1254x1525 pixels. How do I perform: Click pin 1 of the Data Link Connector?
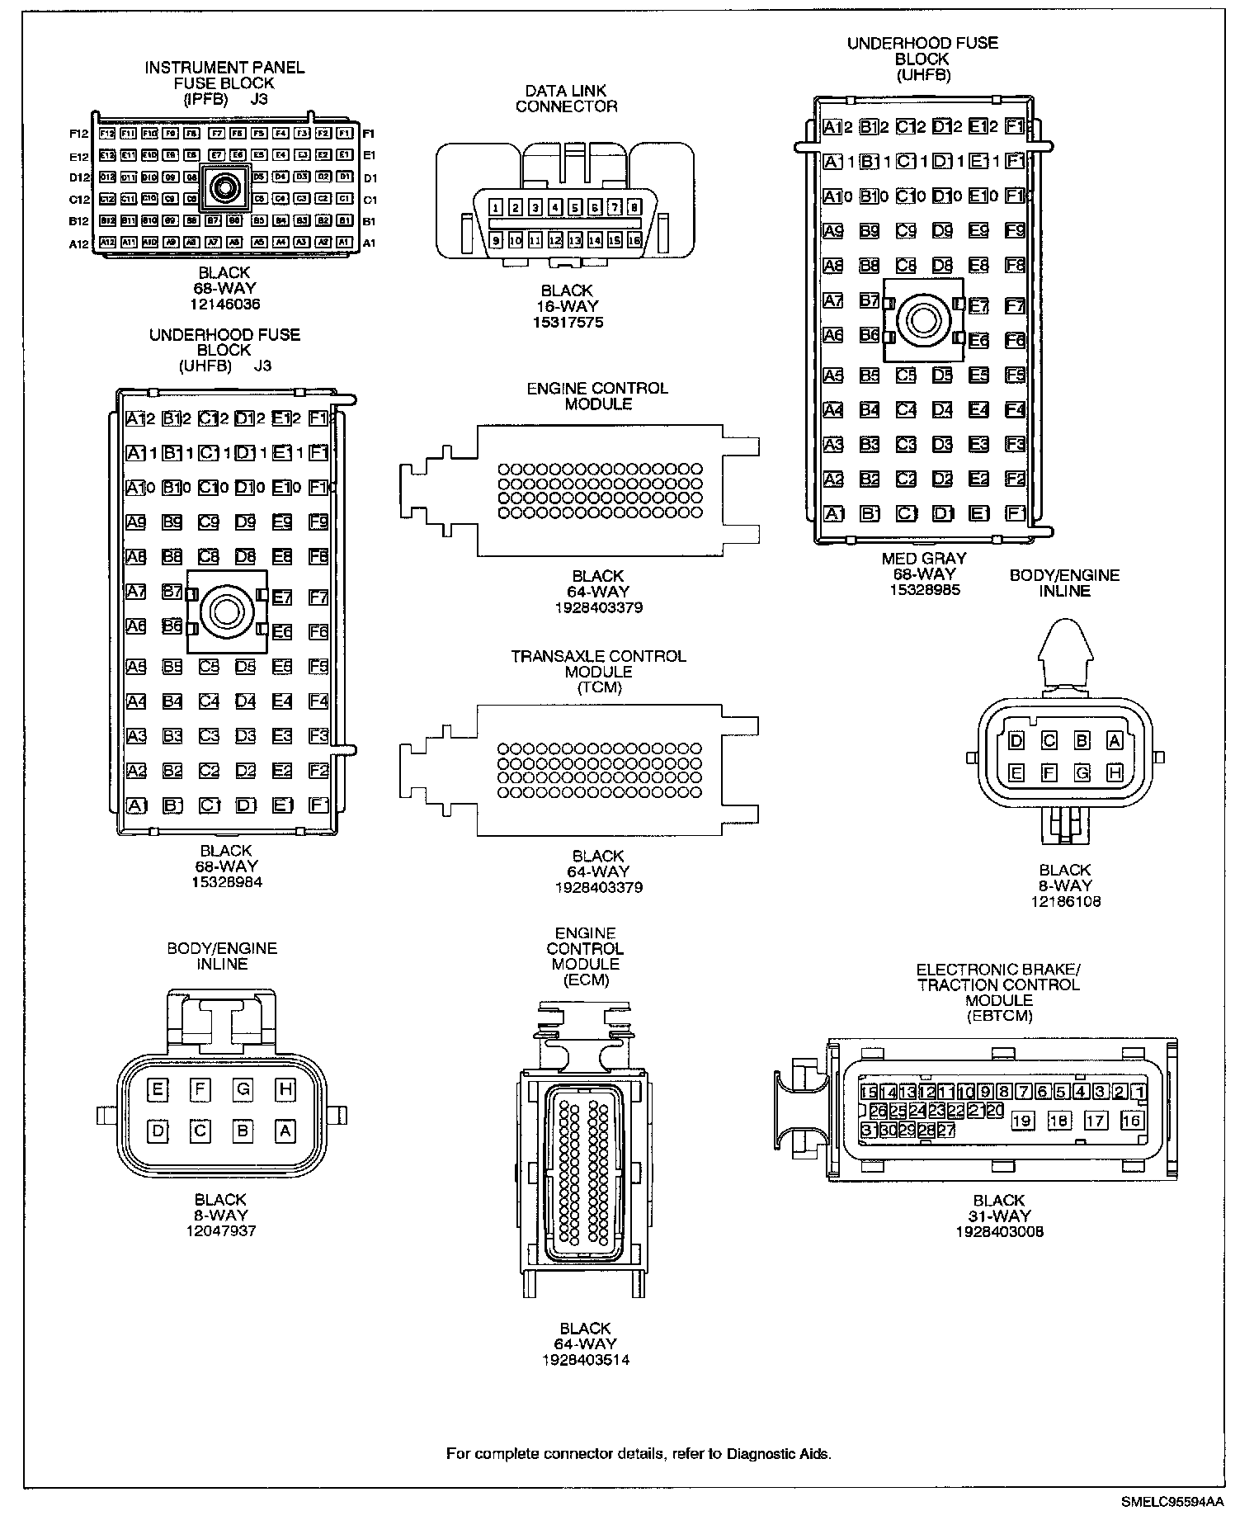pos(496,208)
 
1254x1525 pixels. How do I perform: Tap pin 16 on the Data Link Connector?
pos(634,240)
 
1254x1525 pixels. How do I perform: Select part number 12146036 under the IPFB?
pos(224,305)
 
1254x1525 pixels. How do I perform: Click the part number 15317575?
pos(568,322)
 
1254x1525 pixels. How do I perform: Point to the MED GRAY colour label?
pos(924,559)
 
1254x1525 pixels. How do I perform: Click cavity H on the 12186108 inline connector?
pos(1115,773)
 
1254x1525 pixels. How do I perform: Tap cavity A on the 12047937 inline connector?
pos(285,1131)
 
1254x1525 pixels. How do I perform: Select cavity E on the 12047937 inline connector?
pos(157,1089)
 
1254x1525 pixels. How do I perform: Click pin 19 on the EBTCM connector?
pos(1022,1120)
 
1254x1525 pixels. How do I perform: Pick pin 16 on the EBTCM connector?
pos(1131,1120)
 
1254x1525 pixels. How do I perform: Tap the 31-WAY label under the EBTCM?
pos(999,1216)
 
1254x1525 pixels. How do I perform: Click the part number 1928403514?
pos(586,1359)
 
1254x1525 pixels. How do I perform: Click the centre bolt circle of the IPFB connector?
pos(224,189)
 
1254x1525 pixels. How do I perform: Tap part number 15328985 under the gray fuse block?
pos(924,590)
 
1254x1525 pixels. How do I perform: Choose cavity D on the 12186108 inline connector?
pos(1016,741)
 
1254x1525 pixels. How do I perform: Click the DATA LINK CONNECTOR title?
pos(567,98)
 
